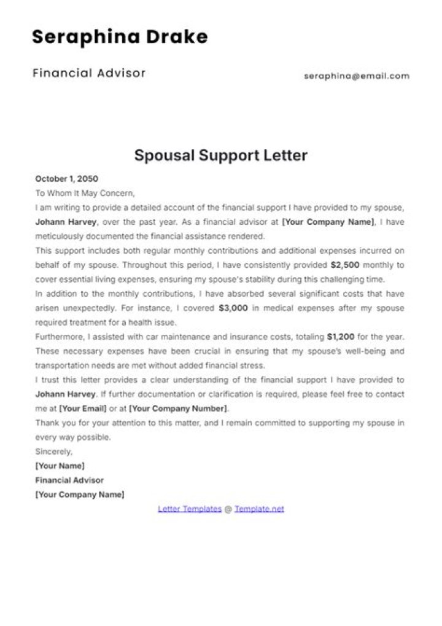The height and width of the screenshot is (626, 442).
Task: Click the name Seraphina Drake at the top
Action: (120, 37)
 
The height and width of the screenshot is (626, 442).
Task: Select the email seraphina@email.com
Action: (356, 76)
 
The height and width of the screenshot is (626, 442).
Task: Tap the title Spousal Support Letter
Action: (221, 155)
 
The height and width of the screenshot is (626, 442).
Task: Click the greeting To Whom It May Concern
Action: (85, 193)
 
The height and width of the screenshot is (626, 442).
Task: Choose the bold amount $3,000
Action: (233, 308)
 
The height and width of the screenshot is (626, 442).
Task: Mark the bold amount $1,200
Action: (341, 337)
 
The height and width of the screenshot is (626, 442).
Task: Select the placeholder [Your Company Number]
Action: (178, 409)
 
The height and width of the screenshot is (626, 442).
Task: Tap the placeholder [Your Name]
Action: (60, 466)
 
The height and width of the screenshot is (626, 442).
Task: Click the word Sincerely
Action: (53, 452)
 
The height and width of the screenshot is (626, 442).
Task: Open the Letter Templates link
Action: (190, 509)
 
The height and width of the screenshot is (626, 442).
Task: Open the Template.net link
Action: (259, 509)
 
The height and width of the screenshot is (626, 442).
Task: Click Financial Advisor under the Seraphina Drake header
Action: (89, 73)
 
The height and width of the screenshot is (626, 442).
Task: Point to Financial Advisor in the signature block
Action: (69, 480)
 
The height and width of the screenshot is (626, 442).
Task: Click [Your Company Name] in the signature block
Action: (80, 495)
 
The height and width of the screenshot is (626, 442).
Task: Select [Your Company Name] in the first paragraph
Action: (328, 222)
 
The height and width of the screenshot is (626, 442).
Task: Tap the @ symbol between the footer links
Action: (228, 509)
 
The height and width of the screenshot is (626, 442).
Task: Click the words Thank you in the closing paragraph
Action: (54, 423)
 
